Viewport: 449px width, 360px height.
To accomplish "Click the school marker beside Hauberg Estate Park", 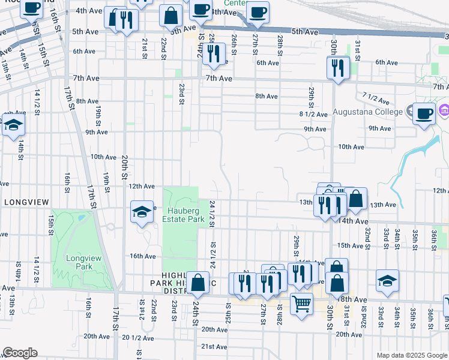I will point(142,212).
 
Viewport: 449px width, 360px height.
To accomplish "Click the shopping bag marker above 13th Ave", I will point(355,199).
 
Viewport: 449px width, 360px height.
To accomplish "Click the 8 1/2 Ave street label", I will point(313,114).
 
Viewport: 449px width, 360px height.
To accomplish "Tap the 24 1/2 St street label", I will point(212,214).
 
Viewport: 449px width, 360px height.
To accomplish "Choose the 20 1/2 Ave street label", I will point(139,337).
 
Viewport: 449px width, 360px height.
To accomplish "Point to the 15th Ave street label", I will point(351,245).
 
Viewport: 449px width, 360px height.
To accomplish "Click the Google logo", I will point(20,353).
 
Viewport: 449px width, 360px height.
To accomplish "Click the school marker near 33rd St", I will point(387,280).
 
